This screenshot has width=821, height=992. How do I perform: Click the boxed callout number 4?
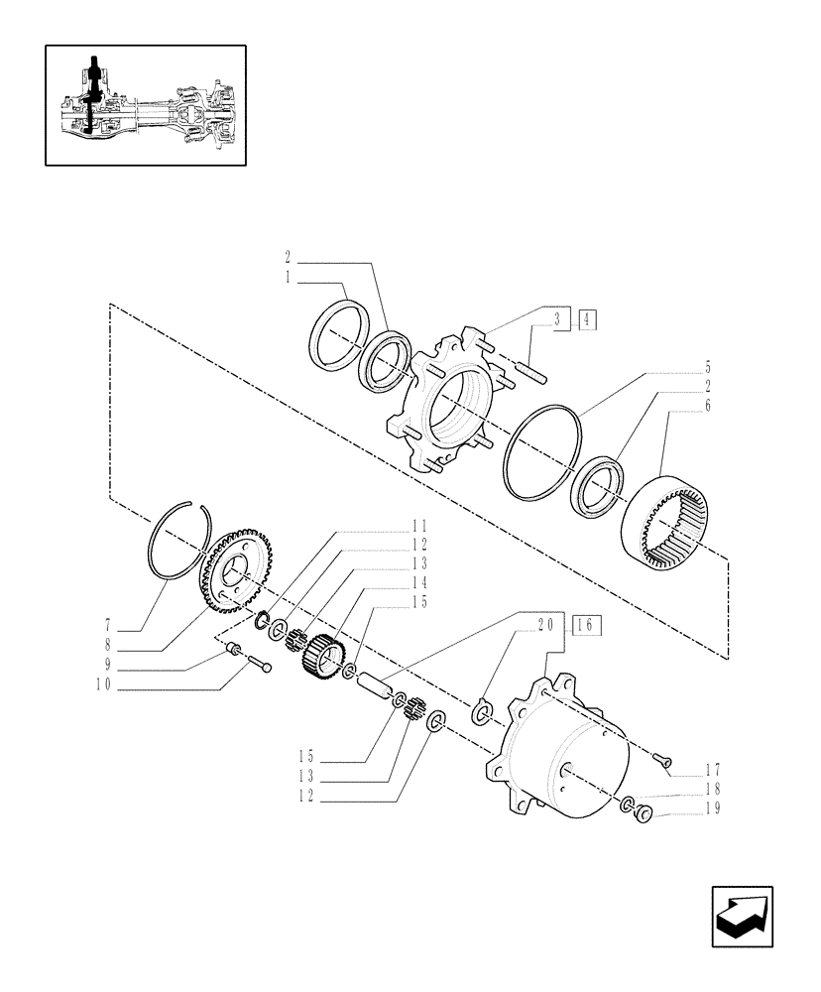click(587, 319)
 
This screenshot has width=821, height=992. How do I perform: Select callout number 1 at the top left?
click(288, 281)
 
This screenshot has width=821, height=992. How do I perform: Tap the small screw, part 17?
click(664, 759)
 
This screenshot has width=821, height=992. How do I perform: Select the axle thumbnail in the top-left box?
click(146, 104)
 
